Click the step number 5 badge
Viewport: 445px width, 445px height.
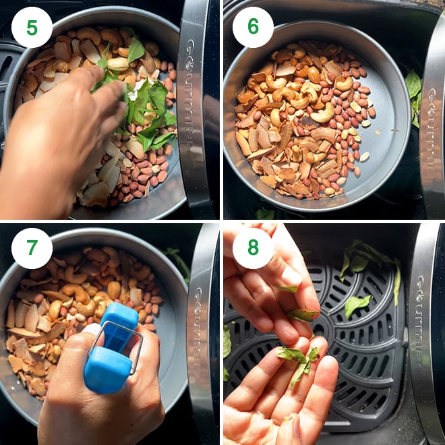32,28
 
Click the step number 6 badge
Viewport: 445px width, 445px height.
253,28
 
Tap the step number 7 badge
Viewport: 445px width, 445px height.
32,248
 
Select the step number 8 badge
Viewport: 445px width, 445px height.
253,248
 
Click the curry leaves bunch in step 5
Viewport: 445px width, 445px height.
142,101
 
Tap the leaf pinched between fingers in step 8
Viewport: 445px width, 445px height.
303,314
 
